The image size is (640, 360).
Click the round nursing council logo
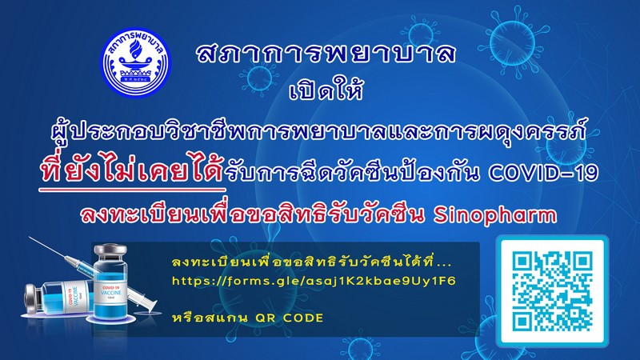coord(135,62)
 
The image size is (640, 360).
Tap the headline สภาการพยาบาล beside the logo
coord(326,54)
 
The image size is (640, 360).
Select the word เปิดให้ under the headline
coord(326,90)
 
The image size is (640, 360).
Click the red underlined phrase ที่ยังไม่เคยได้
coord(132,171)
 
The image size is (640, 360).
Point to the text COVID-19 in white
coord(543,173)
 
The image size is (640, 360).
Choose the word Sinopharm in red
coord(494,215)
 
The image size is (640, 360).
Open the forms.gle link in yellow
coord(314,281)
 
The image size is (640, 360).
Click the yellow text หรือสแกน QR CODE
coord(248,318)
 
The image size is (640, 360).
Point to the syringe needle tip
coord(30,237)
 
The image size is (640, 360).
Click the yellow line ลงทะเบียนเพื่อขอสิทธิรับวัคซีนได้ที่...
coord(312,262)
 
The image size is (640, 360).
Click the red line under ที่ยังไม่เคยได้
coord(132,190)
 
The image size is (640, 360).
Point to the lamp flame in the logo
coord(134,51)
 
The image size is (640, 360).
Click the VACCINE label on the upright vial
coord(110,293)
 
